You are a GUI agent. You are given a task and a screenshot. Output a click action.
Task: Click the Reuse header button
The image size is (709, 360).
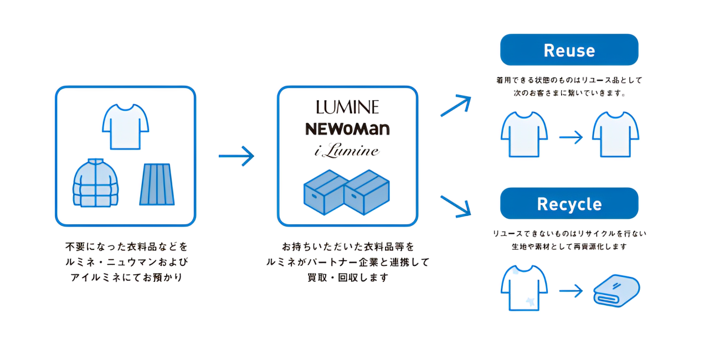point(569,50)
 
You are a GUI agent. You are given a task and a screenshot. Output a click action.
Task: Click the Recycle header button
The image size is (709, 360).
point(569,204)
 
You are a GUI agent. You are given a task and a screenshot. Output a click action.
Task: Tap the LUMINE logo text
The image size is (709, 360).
point(347,107)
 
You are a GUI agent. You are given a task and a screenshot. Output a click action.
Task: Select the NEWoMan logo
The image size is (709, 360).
point(347,129)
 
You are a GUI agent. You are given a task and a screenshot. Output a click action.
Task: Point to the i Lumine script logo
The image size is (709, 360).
point(347,151)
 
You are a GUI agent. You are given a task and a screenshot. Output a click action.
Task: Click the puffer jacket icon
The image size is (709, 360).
point(95,183)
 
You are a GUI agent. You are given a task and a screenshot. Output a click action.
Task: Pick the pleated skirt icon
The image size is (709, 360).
point(157,184)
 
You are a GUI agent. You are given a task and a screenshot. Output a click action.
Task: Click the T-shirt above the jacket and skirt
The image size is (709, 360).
point(125,127)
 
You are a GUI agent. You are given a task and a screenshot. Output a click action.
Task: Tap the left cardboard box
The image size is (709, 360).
point(325,192)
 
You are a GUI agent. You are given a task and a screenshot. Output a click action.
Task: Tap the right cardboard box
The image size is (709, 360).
point(367,192)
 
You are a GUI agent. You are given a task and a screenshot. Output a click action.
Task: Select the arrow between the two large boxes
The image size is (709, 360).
point(236,156)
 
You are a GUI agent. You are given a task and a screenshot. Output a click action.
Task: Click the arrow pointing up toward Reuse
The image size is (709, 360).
point(455,105)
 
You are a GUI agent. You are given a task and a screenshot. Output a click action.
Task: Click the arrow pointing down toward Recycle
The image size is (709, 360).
point(455,205)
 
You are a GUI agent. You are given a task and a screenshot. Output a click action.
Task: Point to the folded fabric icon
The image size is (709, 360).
point(616,290)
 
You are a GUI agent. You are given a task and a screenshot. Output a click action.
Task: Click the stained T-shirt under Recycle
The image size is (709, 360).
point(524,287)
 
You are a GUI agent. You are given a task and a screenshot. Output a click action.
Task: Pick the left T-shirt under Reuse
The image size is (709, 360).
point(524,134)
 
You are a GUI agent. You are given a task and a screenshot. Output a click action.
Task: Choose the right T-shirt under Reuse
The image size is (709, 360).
point(615,134)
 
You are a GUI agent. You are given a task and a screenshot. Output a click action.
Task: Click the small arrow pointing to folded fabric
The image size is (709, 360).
point(571,290)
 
